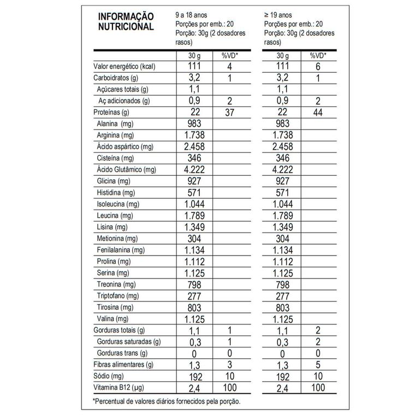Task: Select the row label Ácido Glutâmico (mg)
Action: click(126, 169)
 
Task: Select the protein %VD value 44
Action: click(317, 112)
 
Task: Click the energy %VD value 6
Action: click(317, 67)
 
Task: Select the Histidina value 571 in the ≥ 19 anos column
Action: click(282, 193)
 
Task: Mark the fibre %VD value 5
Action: click(317, 365)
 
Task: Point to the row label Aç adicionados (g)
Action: click(123, 101)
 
